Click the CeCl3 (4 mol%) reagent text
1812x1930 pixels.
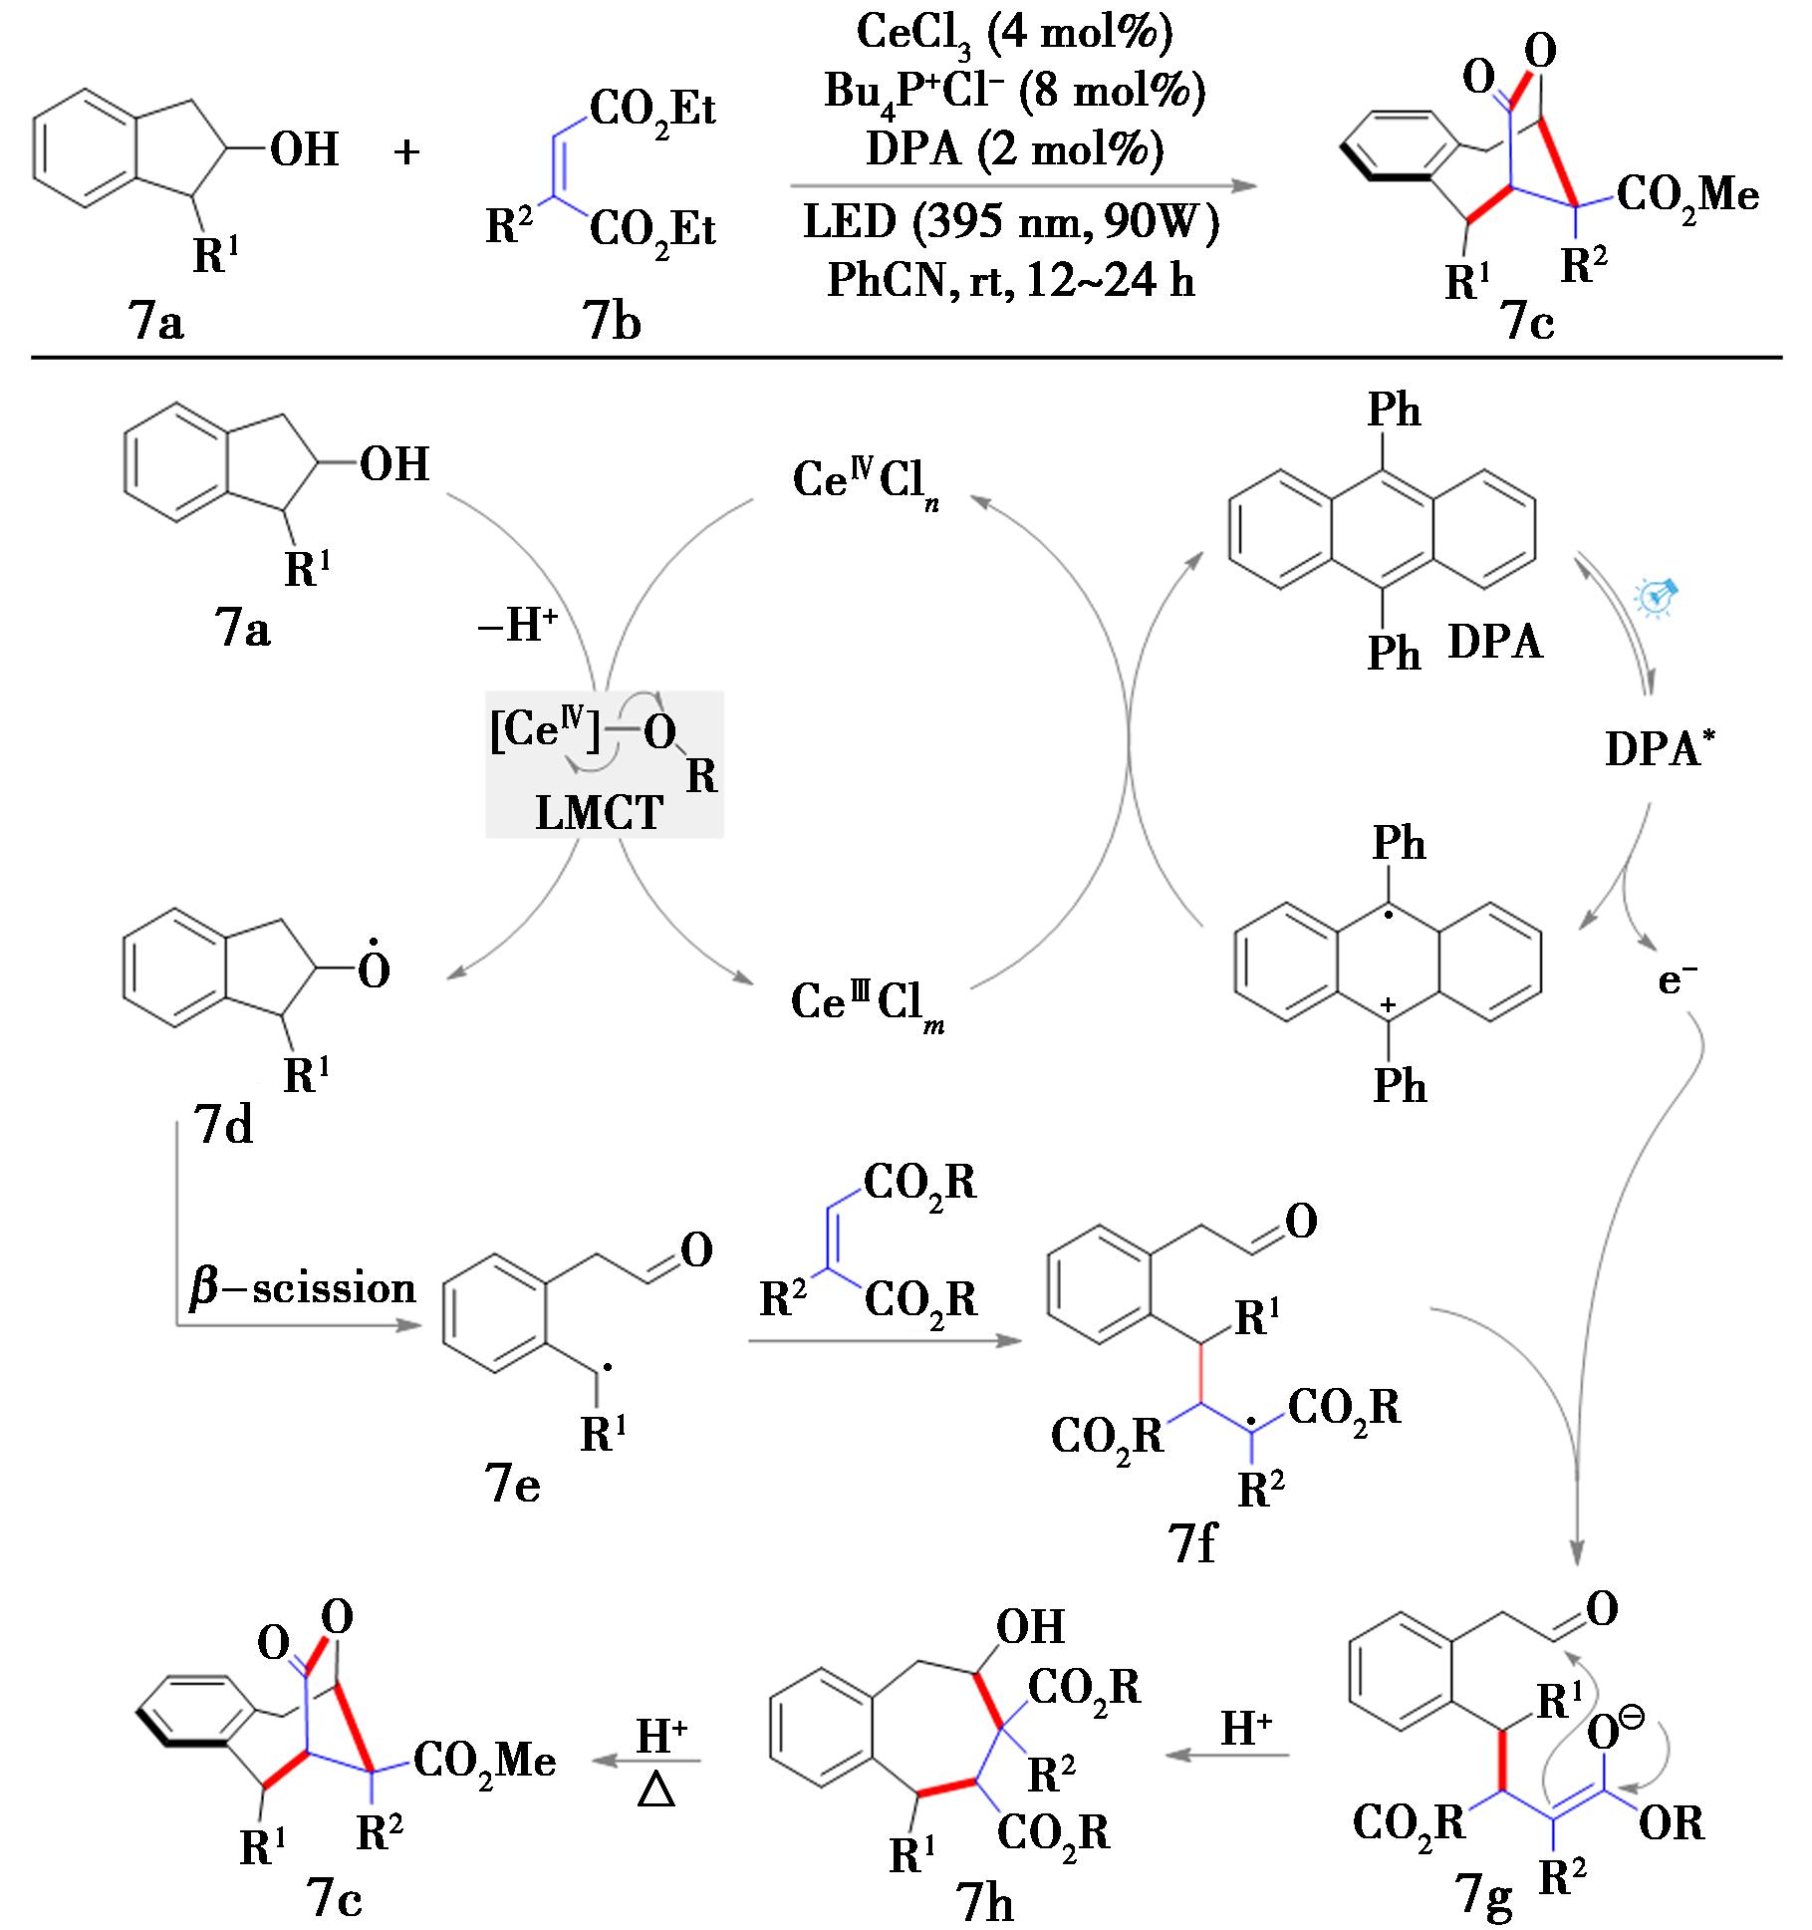point(1014,33)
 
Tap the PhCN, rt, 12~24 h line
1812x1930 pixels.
point(1011,282)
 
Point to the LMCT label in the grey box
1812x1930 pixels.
point(599,813)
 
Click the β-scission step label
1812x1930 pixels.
point(302,1288)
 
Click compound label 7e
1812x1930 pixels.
point(512,1486)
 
